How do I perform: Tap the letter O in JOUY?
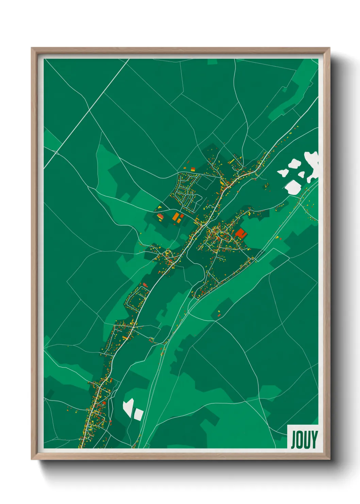click(299, 440)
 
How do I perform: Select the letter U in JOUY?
click(306, 440)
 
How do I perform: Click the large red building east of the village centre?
click(241, 233)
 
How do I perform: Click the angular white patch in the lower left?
click(128, 407)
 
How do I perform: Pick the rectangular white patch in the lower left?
click(138, 414)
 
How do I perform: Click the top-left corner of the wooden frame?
click(32, 48)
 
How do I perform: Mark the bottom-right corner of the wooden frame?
click(329, 459)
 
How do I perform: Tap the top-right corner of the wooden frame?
click(329, 48)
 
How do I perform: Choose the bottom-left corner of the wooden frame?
click(32, 459)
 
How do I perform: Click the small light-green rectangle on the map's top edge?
click(212, 62)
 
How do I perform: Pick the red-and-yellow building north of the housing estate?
click(193, 169)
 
